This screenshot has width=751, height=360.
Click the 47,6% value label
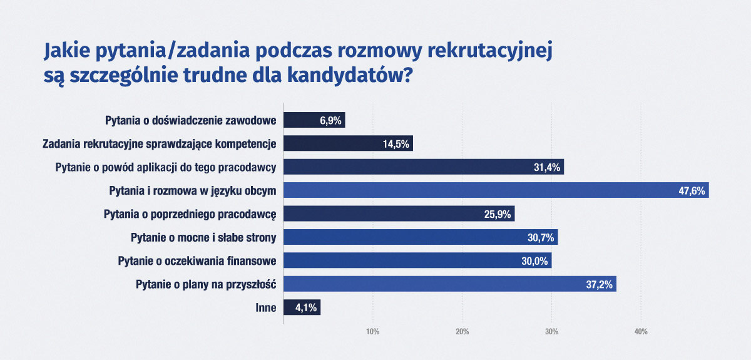692,191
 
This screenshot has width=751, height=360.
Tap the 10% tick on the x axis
372,332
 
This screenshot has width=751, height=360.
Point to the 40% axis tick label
640,332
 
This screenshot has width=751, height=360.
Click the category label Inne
267,308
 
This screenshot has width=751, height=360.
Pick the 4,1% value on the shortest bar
306,308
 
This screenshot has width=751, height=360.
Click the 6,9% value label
330,120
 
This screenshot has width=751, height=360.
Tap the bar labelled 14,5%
348,144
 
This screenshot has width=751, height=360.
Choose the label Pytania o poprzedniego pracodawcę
190,214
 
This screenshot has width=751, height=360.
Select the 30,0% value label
535,261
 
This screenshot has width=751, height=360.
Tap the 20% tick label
462,332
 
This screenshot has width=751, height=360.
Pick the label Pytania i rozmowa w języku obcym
193,190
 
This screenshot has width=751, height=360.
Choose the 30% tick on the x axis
551,332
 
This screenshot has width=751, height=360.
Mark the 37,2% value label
600,284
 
